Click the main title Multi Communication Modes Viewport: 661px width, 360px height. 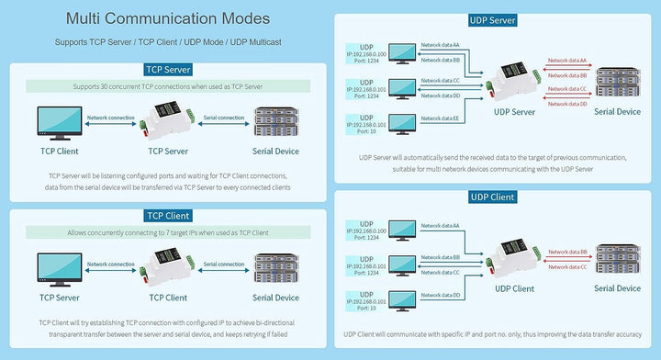(167, 18)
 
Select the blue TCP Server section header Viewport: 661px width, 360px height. (168, 70)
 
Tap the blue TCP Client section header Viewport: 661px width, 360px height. (168, 216)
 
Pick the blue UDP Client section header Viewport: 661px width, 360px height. (493, 197)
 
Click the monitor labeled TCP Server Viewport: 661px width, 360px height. (58, 268)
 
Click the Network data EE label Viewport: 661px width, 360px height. (440, 118)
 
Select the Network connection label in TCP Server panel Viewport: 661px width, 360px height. (109, 118)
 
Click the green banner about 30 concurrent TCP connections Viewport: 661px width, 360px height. (168, 87)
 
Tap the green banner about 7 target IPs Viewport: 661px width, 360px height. (168, 233)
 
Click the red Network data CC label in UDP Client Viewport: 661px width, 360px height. (566, 266)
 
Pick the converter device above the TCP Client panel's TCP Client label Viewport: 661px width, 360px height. (168, 267)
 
